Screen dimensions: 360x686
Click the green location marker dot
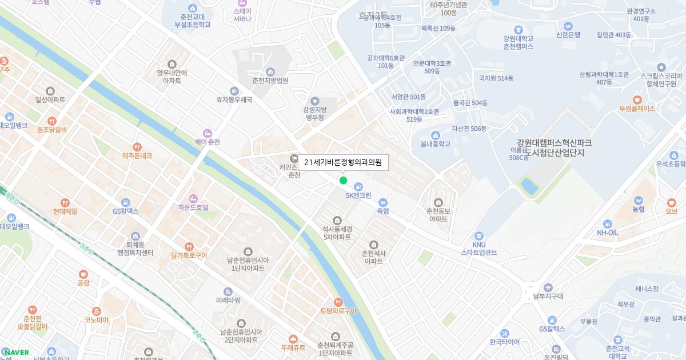[343, 181]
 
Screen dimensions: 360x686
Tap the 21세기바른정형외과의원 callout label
[343, 162]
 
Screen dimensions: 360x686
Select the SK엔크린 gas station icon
[358, 186]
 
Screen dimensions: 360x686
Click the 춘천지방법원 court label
[270, 81]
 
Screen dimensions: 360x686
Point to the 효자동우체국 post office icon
[234, 91]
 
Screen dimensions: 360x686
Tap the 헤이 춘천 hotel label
[207, 142]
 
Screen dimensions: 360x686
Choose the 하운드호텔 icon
[193, 198]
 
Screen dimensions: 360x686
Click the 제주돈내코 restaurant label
[137, 155]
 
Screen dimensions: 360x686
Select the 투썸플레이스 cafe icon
[637, 99]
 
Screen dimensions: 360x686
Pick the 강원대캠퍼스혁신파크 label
[554, 143]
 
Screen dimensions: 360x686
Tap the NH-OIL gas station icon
[607, 223]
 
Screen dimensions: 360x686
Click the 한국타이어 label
[504, 342]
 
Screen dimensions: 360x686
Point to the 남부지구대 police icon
[548, 287]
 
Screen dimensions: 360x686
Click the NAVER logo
[16, 353]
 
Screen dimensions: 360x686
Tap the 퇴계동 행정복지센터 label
[135, 248]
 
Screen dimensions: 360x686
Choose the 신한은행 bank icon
[568, 26]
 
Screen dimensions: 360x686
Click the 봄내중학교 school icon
[436, 135]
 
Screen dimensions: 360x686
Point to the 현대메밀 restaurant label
[65, 211]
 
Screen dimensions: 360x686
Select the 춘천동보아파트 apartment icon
[438, 202]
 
